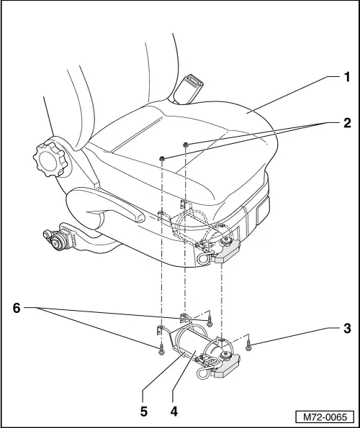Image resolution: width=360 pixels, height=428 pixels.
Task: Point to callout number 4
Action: [174, 412]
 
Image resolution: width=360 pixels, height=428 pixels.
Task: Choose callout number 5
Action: [143, 412]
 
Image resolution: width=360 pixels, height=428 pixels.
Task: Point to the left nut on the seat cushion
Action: [164, 157]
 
